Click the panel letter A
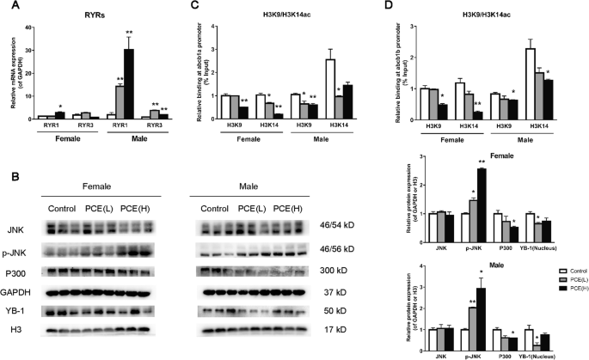point(8,9)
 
